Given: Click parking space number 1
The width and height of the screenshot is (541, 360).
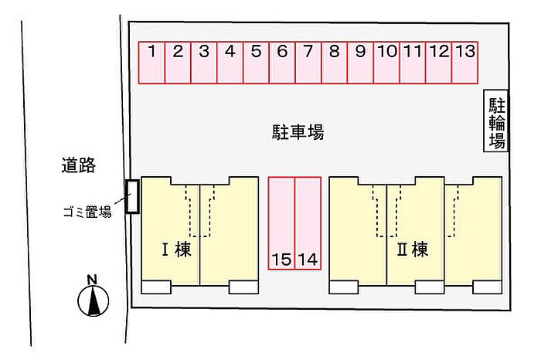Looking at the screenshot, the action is click(151, 63).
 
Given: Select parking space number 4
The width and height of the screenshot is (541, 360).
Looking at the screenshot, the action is click(230, 63).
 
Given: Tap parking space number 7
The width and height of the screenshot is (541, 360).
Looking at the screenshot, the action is click(308, 63).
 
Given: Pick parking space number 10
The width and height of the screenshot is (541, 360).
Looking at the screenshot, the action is click(386, 63).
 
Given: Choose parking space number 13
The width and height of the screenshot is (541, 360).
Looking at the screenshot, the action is click(464, 63).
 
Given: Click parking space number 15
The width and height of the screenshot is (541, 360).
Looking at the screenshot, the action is click(281, 223).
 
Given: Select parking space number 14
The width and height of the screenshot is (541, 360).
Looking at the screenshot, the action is click(308, 223).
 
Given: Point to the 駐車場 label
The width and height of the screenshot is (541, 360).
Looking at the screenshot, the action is click(298, 132).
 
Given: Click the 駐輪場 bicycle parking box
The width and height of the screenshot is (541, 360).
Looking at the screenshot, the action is click(496, 121).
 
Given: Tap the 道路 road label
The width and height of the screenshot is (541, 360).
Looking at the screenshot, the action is click(79, 165).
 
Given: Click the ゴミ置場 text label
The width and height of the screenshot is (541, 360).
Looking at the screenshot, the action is click(87, 212).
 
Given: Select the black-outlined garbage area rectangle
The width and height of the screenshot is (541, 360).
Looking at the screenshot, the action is click(132, 196).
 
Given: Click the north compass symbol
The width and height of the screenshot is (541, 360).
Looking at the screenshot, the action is click(94, 300).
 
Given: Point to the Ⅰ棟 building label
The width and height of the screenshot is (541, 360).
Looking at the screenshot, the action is click(176, 250).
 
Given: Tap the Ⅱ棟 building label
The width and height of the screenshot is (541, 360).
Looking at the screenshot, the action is click(412, 250).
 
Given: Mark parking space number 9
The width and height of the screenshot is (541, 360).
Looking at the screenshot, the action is click(361, 63).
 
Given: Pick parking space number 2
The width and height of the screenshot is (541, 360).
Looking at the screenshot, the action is click(178, 63).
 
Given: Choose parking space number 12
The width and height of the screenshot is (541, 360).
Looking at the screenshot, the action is click(439, 63).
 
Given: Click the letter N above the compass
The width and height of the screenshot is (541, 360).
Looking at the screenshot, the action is click(92, 280).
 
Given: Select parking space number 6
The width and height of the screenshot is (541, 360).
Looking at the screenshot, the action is click(282, 63).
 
